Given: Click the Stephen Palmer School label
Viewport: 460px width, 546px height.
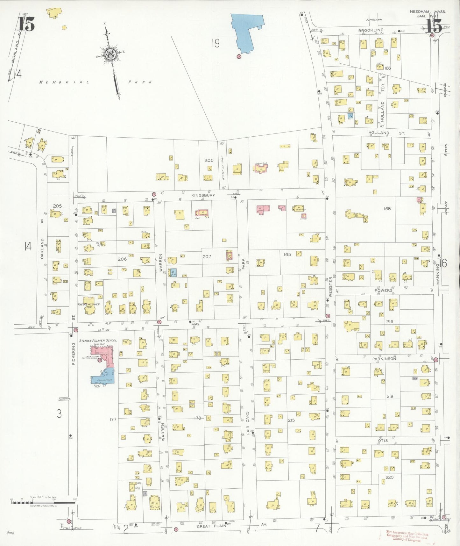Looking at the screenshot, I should coord(98,341).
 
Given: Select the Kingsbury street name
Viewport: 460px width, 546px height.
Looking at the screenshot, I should coord(203,195).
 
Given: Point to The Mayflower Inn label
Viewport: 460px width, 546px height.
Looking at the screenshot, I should coord(88,306).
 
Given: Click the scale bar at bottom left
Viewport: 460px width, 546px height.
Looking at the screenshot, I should coord(43,502).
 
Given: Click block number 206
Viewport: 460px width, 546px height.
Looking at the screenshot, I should coord(122,259).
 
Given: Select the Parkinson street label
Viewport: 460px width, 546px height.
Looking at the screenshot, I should coord(384,359).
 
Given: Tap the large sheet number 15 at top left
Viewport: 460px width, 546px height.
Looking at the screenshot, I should coord(26,24).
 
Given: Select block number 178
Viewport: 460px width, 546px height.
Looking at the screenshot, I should coord(197,418).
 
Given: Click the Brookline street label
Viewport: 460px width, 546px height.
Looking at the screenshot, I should coord(370,30).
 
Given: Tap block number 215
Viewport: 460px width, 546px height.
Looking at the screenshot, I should coord(291,420).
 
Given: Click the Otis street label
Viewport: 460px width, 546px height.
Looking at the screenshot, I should coord(383,440).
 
